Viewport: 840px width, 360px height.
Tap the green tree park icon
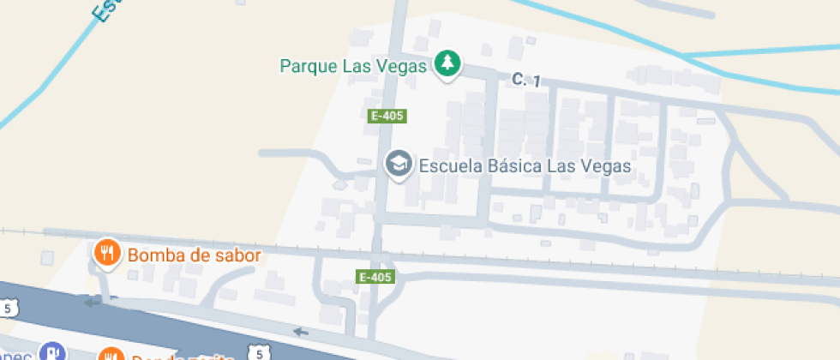point(447,63)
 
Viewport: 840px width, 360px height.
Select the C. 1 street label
point(525,80)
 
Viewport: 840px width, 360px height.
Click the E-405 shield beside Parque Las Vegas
point(387,116)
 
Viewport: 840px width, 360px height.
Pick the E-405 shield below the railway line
point(375,277)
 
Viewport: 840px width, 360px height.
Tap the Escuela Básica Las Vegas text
point(525,166)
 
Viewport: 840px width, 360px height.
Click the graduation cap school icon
point(398,163)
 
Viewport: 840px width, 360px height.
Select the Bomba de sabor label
point(194,255)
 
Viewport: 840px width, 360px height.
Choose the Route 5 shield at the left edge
point(9,308)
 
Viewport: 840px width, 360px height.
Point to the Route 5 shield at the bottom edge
point(259,352)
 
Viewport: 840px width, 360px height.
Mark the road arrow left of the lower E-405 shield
point(299,332)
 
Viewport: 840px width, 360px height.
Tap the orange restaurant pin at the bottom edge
point(111,355)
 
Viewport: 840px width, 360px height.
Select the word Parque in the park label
point(306,66)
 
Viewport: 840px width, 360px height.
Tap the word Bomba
point(151,255)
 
